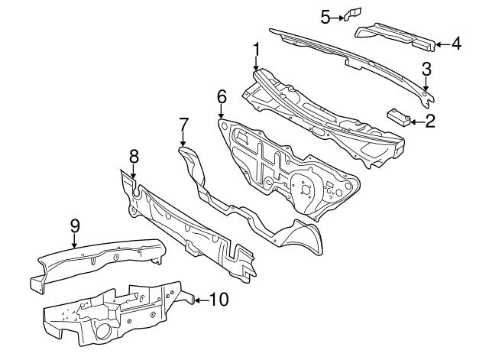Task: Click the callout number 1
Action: coord(257,50)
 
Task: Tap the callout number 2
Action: coord(430,120)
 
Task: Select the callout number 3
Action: coord(426,69)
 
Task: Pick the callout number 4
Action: coord(456,44)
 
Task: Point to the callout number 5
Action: coord(325,16)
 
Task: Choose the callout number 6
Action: coord(222,96)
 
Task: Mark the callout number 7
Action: coord(183,123)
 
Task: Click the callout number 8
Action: coord(134,156)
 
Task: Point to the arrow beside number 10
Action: coord(200,300)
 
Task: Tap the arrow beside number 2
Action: coord(415,120)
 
